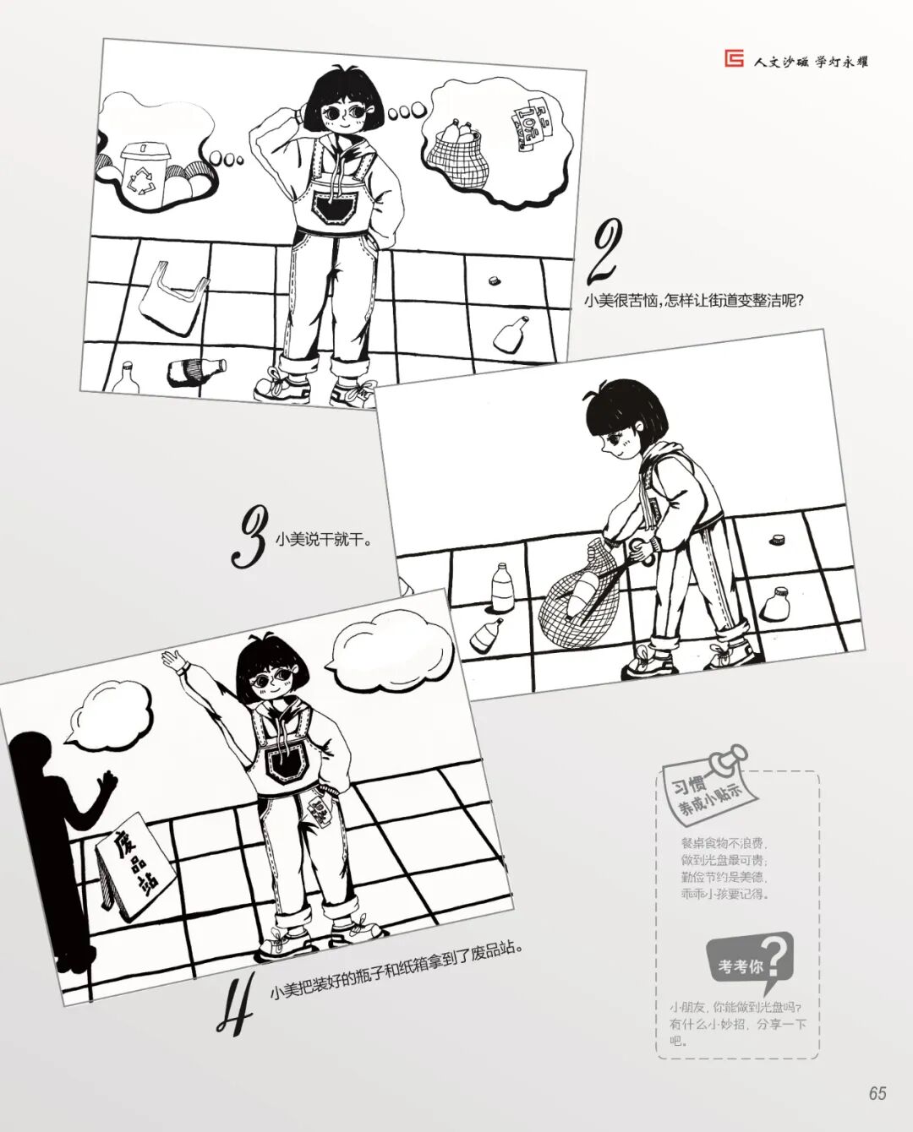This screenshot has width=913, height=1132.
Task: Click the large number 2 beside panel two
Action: coord(605,251)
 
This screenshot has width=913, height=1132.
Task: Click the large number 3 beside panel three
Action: coord(249,536)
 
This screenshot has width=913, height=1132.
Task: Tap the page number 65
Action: coord(877,1092)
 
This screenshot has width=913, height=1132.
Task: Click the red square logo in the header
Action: coord(735,60)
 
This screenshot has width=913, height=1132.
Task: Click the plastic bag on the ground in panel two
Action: coord(172,296)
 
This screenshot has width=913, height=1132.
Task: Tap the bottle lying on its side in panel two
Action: coord(196,371)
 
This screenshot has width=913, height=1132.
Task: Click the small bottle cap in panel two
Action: coord(493,280)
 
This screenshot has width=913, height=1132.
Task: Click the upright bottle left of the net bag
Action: coord(501,585)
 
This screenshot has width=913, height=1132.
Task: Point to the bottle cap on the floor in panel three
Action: coord(778,539)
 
